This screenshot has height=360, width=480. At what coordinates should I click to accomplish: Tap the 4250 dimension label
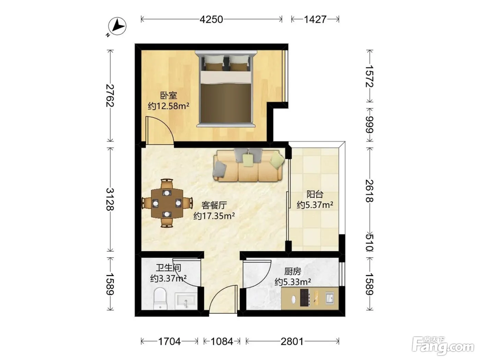tap(211, 20)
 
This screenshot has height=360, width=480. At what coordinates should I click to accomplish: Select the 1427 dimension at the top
tap(315, 20)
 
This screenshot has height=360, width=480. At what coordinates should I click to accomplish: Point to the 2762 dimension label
tap(110, 96)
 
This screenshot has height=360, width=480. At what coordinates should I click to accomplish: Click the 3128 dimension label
tap(110, 199)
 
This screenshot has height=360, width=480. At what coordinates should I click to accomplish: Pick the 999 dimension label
tap(370, 124)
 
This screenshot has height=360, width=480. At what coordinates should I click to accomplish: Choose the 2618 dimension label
tap(370, 191)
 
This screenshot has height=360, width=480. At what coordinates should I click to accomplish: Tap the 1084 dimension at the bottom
tap(222, 341)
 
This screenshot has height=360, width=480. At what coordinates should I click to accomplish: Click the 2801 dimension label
tap(292, 341)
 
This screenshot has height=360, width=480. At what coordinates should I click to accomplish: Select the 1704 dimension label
tap(169, 341)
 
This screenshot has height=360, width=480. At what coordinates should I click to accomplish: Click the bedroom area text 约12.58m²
tap(168, 106)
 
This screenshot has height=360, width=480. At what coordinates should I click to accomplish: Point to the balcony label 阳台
tap(315, 194)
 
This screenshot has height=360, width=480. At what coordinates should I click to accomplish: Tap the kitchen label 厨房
tap(292, 272)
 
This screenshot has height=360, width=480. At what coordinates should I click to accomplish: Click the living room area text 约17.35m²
tap(214, 216)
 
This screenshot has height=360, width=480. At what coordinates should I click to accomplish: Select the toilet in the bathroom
tap(160, 299)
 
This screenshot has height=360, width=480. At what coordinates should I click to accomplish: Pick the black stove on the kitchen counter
tap(305, 298)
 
